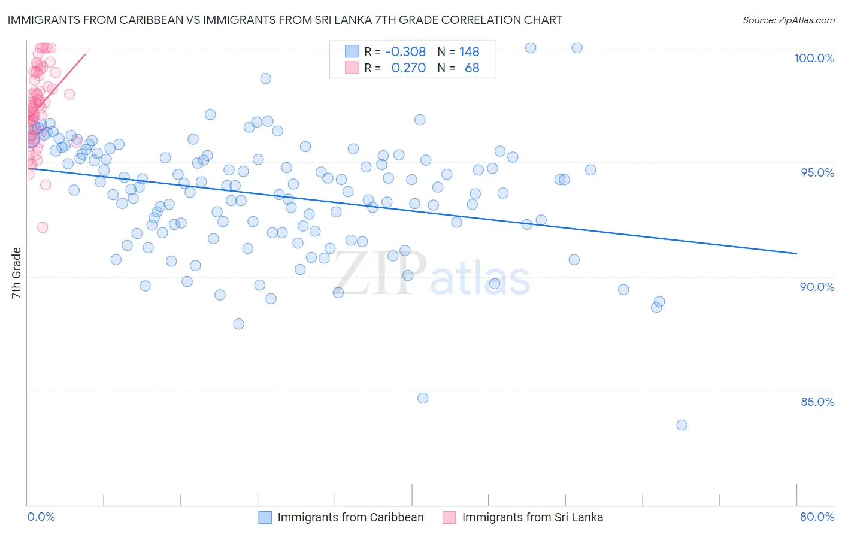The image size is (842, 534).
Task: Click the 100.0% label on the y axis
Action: (x=814, y=58)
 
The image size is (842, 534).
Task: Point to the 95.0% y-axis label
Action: (x=817, y=172)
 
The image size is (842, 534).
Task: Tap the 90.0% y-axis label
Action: (x=817, y=287)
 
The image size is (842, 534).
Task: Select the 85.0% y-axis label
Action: (x=817, y=402)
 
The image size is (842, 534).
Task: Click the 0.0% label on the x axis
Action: (x=41, y=517)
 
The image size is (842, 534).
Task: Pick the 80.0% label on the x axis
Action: (x=817, y=517)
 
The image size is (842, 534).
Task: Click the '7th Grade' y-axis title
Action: (x=17, y=273)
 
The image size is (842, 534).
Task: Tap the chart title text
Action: (x=284, y=20)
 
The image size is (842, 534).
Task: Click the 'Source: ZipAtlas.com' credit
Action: (x=788, y=20)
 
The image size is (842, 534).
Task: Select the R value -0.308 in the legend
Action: (x=405, y=52)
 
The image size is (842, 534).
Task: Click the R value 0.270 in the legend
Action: (x=408, y=68)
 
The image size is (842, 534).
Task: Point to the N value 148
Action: (x=469, y=52)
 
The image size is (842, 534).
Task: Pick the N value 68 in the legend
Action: (x=472, y=68)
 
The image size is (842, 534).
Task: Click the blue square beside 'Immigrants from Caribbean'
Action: (x=265, y=517)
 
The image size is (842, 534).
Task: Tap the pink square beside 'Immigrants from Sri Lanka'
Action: (x=449, y=517)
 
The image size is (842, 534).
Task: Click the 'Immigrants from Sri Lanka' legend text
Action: (x=532, y=517)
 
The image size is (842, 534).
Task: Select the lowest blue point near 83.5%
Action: (x=682, y=425)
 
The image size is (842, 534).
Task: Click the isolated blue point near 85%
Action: (x=423, y=398)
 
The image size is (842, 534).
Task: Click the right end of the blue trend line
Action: (x=796, y=254)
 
